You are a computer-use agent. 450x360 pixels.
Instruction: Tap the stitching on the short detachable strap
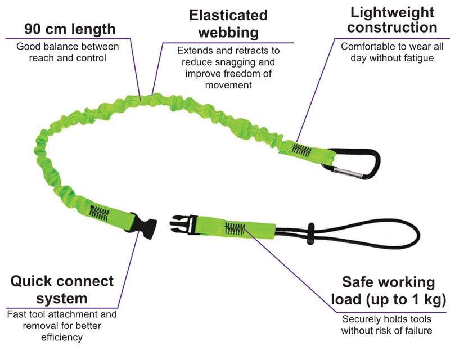[235, 228]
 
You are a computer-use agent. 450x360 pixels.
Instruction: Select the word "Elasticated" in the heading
[228, 15]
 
